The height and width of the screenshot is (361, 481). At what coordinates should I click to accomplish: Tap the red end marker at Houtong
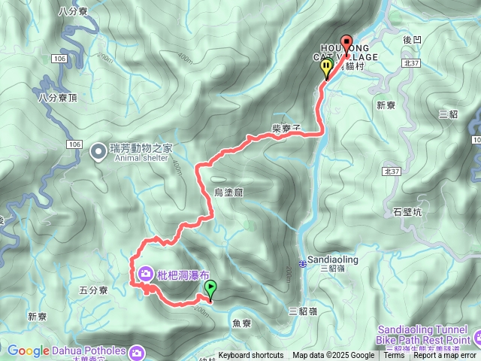point(346,44)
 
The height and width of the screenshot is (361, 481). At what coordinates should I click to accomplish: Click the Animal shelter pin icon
point(98,152)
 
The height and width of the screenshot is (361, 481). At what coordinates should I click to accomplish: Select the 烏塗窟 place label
point(228,193)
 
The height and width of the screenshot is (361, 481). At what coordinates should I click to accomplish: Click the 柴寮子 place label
point(286,129)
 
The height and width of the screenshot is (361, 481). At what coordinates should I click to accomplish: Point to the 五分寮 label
point(94,290)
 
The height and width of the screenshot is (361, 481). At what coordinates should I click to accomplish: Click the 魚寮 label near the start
point(242,323)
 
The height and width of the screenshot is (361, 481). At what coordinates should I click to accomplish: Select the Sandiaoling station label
point(334,259)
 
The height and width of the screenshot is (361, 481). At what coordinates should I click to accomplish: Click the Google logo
point(28,350)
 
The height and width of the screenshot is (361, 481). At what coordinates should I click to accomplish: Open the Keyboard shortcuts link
point(251,356)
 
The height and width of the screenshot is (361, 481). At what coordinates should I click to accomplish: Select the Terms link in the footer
point(394,356)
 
